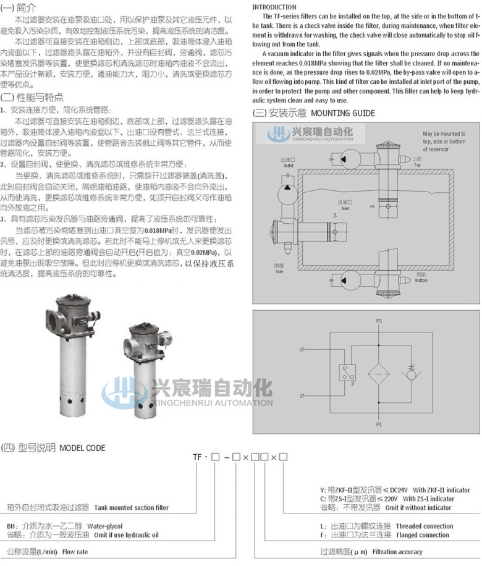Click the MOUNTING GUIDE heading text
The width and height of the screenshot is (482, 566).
342,113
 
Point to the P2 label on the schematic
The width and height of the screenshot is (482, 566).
379,321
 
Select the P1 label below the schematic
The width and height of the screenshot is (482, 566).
379,425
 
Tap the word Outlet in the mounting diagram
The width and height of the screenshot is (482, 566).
288,166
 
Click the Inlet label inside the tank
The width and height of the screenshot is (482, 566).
344,208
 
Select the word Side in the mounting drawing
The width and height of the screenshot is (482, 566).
279,271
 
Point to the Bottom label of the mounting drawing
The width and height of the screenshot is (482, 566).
421,263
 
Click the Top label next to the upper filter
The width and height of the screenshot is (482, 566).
416,165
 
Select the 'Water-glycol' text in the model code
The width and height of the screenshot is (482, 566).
103,526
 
